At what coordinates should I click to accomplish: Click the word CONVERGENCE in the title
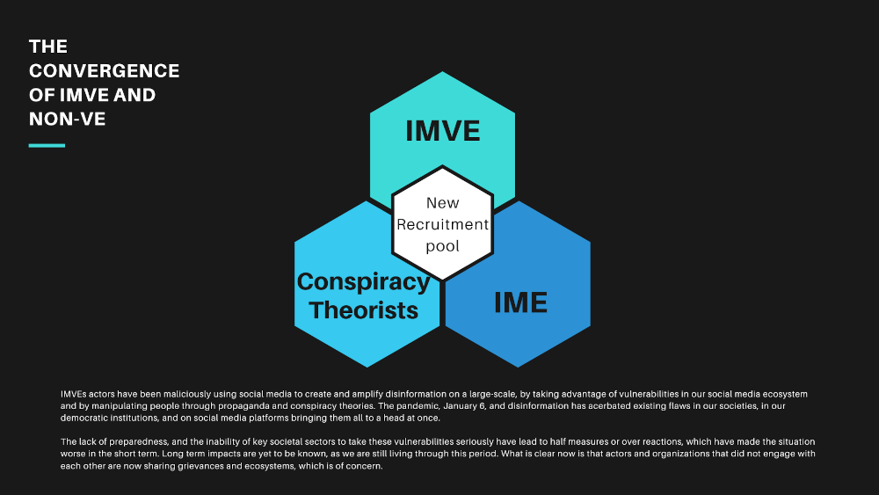coord(105,70)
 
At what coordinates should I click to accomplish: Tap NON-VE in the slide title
coord(68,119)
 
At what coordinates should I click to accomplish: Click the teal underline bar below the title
coord(47,146)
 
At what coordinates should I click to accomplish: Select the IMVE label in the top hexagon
coord(443,131)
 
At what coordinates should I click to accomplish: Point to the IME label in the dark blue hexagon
coord(520,302)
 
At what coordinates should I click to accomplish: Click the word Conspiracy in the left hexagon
coord(363,282)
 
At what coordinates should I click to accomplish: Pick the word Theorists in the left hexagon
coord(363,310)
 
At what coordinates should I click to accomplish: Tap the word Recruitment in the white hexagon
coord(443,224)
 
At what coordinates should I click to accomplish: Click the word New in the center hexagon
coord(443,203)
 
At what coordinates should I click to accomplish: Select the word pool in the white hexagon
coord(443,246)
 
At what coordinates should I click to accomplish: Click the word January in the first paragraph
coord(461,406)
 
